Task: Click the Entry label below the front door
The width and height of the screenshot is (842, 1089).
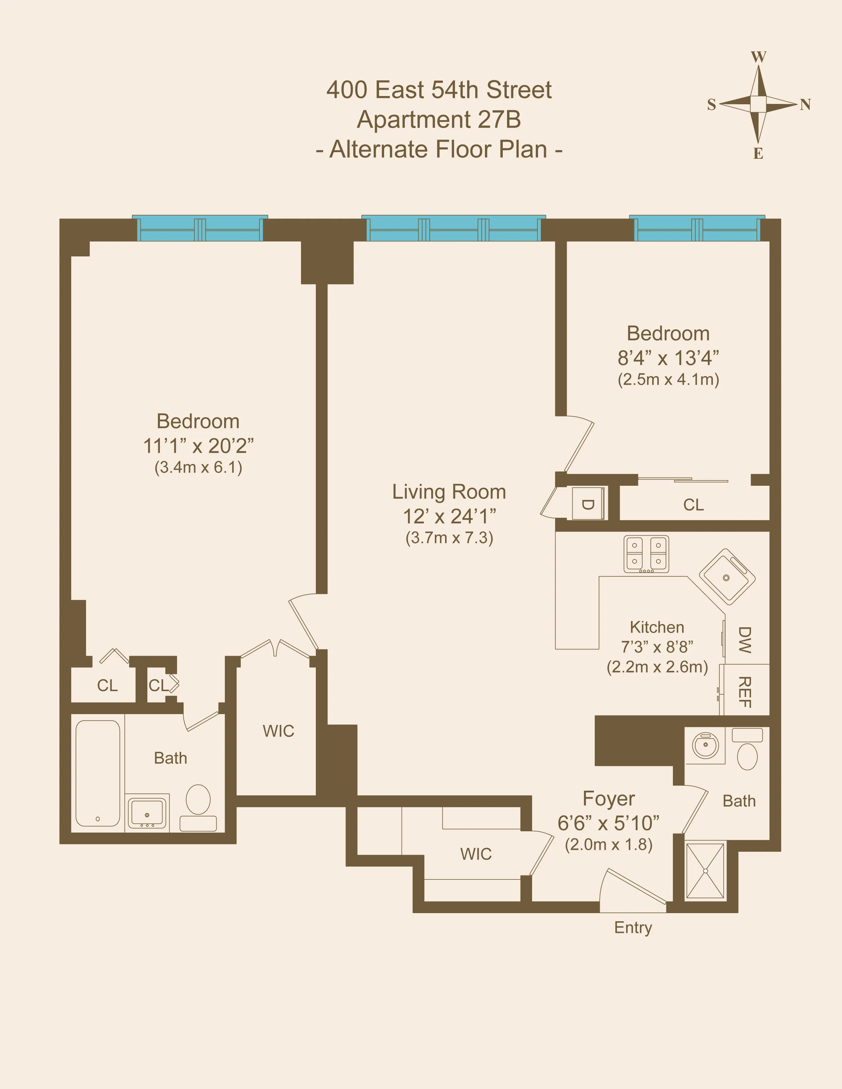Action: point(633,927)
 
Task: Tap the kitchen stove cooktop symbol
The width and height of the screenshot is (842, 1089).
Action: point(646,553)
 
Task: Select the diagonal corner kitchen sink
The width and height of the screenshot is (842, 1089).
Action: point(727,577)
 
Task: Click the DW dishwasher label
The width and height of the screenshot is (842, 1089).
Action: point(744,640)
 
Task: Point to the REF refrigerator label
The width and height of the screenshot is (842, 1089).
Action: point(744,692)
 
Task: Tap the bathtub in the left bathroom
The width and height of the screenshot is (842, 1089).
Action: point(98,773)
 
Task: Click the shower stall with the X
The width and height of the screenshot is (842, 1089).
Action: point(705,871)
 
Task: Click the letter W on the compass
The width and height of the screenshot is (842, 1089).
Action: point(758,57)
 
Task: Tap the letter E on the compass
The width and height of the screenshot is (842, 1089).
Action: point(758,153)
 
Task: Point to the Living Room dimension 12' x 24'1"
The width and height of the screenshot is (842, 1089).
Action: point(449,516)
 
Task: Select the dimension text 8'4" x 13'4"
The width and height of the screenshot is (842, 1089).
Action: point(668,357)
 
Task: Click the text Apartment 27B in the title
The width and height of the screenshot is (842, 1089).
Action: point(439,120)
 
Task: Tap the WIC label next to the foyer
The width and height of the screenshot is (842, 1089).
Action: point(476,854)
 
